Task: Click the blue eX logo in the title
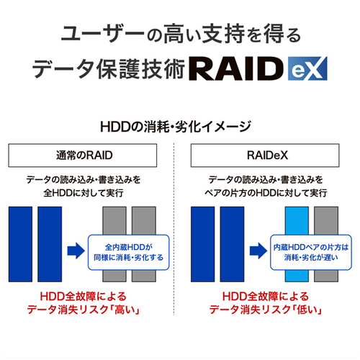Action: [307, 68]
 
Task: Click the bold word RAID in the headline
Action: [236, 68]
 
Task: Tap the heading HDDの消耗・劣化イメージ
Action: [176, 127]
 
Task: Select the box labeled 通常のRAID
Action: [83, 156]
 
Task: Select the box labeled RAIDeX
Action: [265, 156]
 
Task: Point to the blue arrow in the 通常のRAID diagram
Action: [76, 251]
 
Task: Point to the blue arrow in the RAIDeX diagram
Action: [258, 251]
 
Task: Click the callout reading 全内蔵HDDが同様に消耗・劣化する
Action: [129, 253]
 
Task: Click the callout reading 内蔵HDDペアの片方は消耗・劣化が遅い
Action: [311, 253]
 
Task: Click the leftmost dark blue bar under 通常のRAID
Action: [20, 244]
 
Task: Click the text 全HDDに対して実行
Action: [84, 193]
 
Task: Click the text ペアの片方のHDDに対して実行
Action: [266, 193]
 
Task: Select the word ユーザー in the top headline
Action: [103, 33]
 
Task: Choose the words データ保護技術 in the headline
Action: [109, 69]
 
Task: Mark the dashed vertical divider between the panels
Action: [174, 229]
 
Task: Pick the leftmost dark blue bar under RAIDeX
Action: [203, 244]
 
